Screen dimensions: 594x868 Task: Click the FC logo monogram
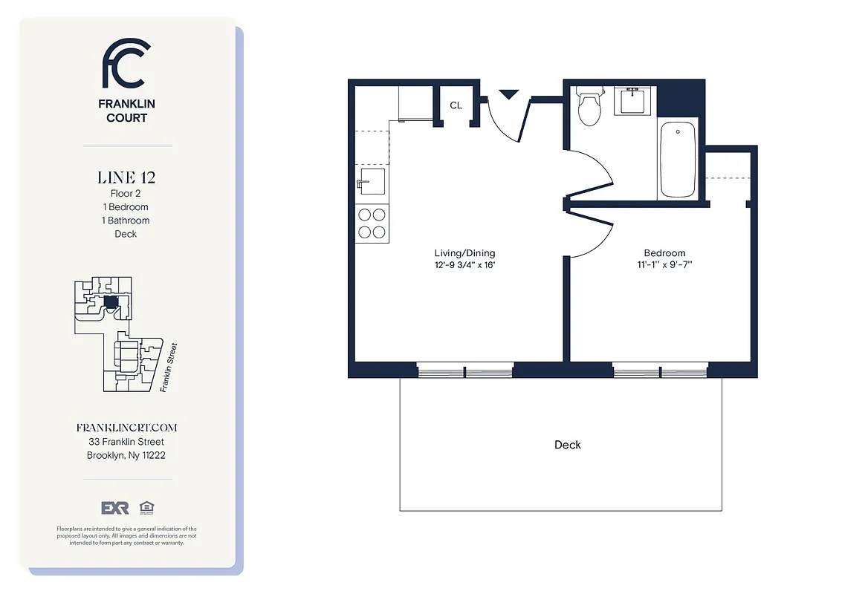pyautogui.click(x=126, y=64)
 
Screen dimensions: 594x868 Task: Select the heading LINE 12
pyautogui.click(x=126, y=177)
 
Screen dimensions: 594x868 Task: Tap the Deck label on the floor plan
pyautogui.click(x=568, y=445)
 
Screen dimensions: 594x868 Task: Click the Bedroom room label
pyautogui.click(x=664, y=253)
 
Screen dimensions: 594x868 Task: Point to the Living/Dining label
pyautogui.click(x=465, y=253)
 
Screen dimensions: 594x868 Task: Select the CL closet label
pyautogui.click(x=456, y=105)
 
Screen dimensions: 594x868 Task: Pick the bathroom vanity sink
pyautogui.click(x=633, y=100)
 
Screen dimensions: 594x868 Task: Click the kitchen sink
pyautogui.click(x=371, y=181)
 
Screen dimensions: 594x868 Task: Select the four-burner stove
pyautogui.click(x=372, y=223)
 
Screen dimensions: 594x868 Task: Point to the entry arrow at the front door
pyautogui.click(x=509, y=94)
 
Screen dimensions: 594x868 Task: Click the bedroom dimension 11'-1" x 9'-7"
pyautogui.click(x=664, y=264)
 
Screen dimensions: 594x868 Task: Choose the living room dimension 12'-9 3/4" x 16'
pyautogui.click(x=465, y=264)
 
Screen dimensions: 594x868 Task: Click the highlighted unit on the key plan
pyautogui.click(x=110, y=301)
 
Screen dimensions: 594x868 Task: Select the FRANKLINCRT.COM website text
pyautogui.click(x=126, y=428)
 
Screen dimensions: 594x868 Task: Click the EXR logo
pyautogui.click(x=115, y=508)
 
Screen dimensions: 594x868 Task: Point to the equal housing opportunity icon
pyautogui.click(x=145, y=508)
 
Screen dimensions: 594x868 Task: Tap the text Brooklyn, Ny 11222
pyautogui.click(x=126, y=455)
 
